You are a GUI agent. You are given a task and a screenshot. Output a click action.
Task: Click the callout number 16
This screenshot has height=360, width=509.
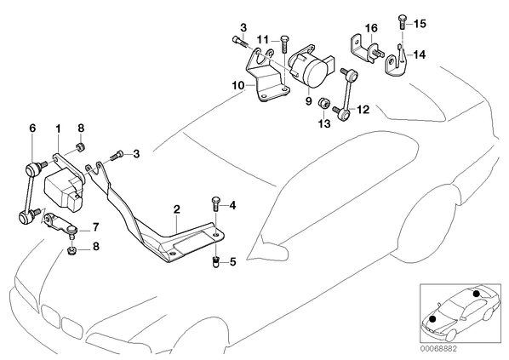[x=372, y=28]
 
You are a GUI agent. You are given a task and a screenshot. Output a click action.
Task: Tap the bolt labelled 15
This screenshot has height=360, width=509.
[x=402, y=22]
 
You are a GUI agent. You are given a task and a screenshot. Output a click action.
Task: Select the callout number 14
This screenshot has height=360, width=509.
[x=419, y=54]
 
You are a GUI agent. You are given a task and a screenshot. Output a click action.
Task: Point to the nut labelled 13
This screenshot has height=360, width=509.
[x=323, y=103]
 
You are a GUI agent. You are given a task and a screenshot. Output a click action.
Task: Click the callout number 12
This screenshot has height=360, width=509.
[x=363, y=110]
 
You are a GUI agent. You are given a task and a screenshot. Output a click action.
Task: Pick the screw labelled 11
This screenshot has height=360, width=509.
[x=284, y=43]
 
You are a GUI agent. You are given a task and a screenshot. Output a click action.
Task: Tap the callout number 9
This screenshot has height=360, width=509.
[x=308, y=101]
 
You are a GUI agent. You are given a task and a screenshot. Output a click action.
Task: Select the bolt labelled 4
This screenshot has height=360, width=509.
[x=215, y=204]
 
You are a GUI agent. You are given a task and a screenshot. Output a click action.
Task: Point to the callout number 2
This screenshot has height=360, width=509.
[x=176, y=209]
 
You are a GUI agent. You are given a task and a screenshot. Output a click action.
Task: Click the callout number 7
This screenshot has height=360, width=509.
[x=95, y=227]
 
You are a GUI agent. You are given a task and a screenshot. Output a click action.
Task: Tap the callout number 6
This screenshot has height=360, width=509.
[x=32, y=129]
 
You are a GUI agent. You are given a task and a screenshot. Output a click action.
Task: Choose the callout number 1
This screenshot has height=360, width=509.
[x=58, y=129]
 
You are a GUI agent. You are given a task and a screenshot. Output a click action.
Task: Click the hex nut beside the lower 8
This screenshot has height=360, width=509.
[x=71, y=250]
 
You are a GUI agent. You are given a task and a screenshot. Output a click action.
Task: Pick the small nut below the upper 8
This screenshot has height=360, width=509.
[x=80, y=148]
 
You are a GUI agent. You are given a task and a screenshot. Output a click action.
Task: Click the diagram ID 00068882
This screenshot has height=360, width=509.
[x=438, y=349]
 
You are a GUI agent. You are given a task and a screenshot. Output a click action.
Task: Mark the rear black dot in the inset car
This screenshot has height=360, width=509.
[x=476, y=294]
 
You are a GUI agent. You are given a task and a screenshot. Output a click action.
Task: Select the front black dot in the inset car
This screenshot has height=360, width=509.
[x=432, y=319]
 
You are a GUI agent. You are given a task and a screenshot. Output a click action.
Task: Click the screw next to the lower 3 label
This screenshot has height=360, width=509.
[x=117, y=155]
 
